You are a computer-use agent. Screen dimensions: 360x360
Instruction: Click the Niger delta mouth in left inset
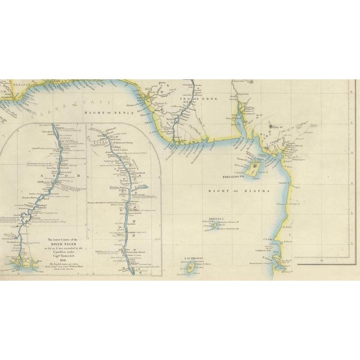25,260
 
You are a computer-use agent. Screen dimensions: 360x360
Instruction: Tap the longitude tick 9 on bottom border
321,260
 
